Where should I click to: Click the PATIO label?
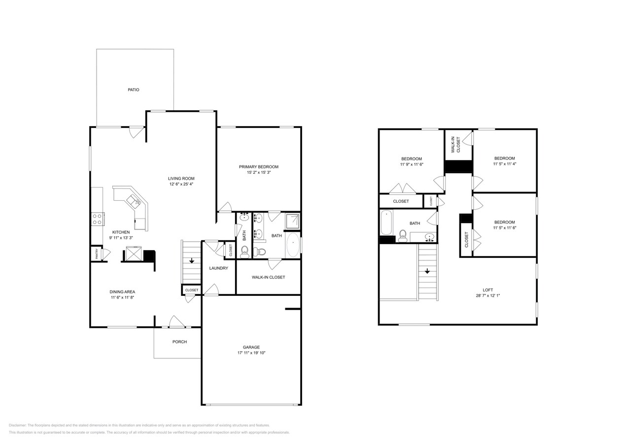(x=134, y=90)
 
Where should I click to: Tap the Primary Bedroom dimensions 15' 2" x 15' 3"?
(x=259, y=173)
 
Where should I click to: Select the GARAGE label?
(x=251, y=347)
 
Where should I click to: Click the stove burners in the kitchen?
(x=97, y=219)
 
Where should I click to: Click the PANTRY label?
(x=97, y=254)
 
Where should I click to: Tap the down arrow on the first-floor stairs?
(x=192, y=261)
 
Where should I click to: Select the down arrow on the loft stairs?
(x=427, y=271)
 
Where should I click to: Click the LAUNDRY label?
(x=218, y=268)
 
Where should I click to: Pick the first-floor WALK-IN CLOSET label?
(x=268, y=277)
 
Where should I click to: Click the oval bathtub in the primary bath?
(x=293, y=245)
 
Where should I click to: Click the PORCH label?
(x=179, y=342)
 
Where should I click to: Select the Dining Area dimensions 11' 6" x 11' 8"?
(x=122, y=297)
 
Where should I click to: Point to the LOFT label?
(x=488, y=290)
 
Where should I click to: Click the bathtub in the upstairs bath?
(x=386, y=222)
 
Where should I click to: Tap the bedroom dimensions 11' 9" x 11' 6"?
(x=411, y=164)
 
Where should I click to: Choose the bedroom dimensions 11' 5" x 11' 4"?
(x=504, y=164)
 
